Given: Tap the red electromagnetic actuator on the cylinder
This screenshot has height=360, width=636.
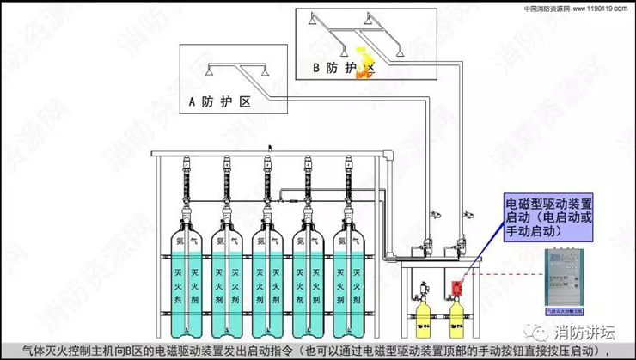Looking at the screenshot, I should [456, 283].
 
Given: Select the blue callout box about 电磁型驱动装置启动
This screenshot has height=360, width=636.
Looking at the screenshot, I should [548, 216].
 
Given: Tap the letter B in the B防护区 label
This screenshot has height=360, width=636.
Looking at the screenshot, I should [316, 67].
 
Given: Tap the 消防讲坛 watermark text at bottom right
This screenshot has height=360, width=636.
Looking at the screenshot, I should [584, 331].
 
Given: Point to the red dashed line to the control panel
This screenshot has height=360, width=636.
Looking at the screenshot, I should [507, 276].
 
